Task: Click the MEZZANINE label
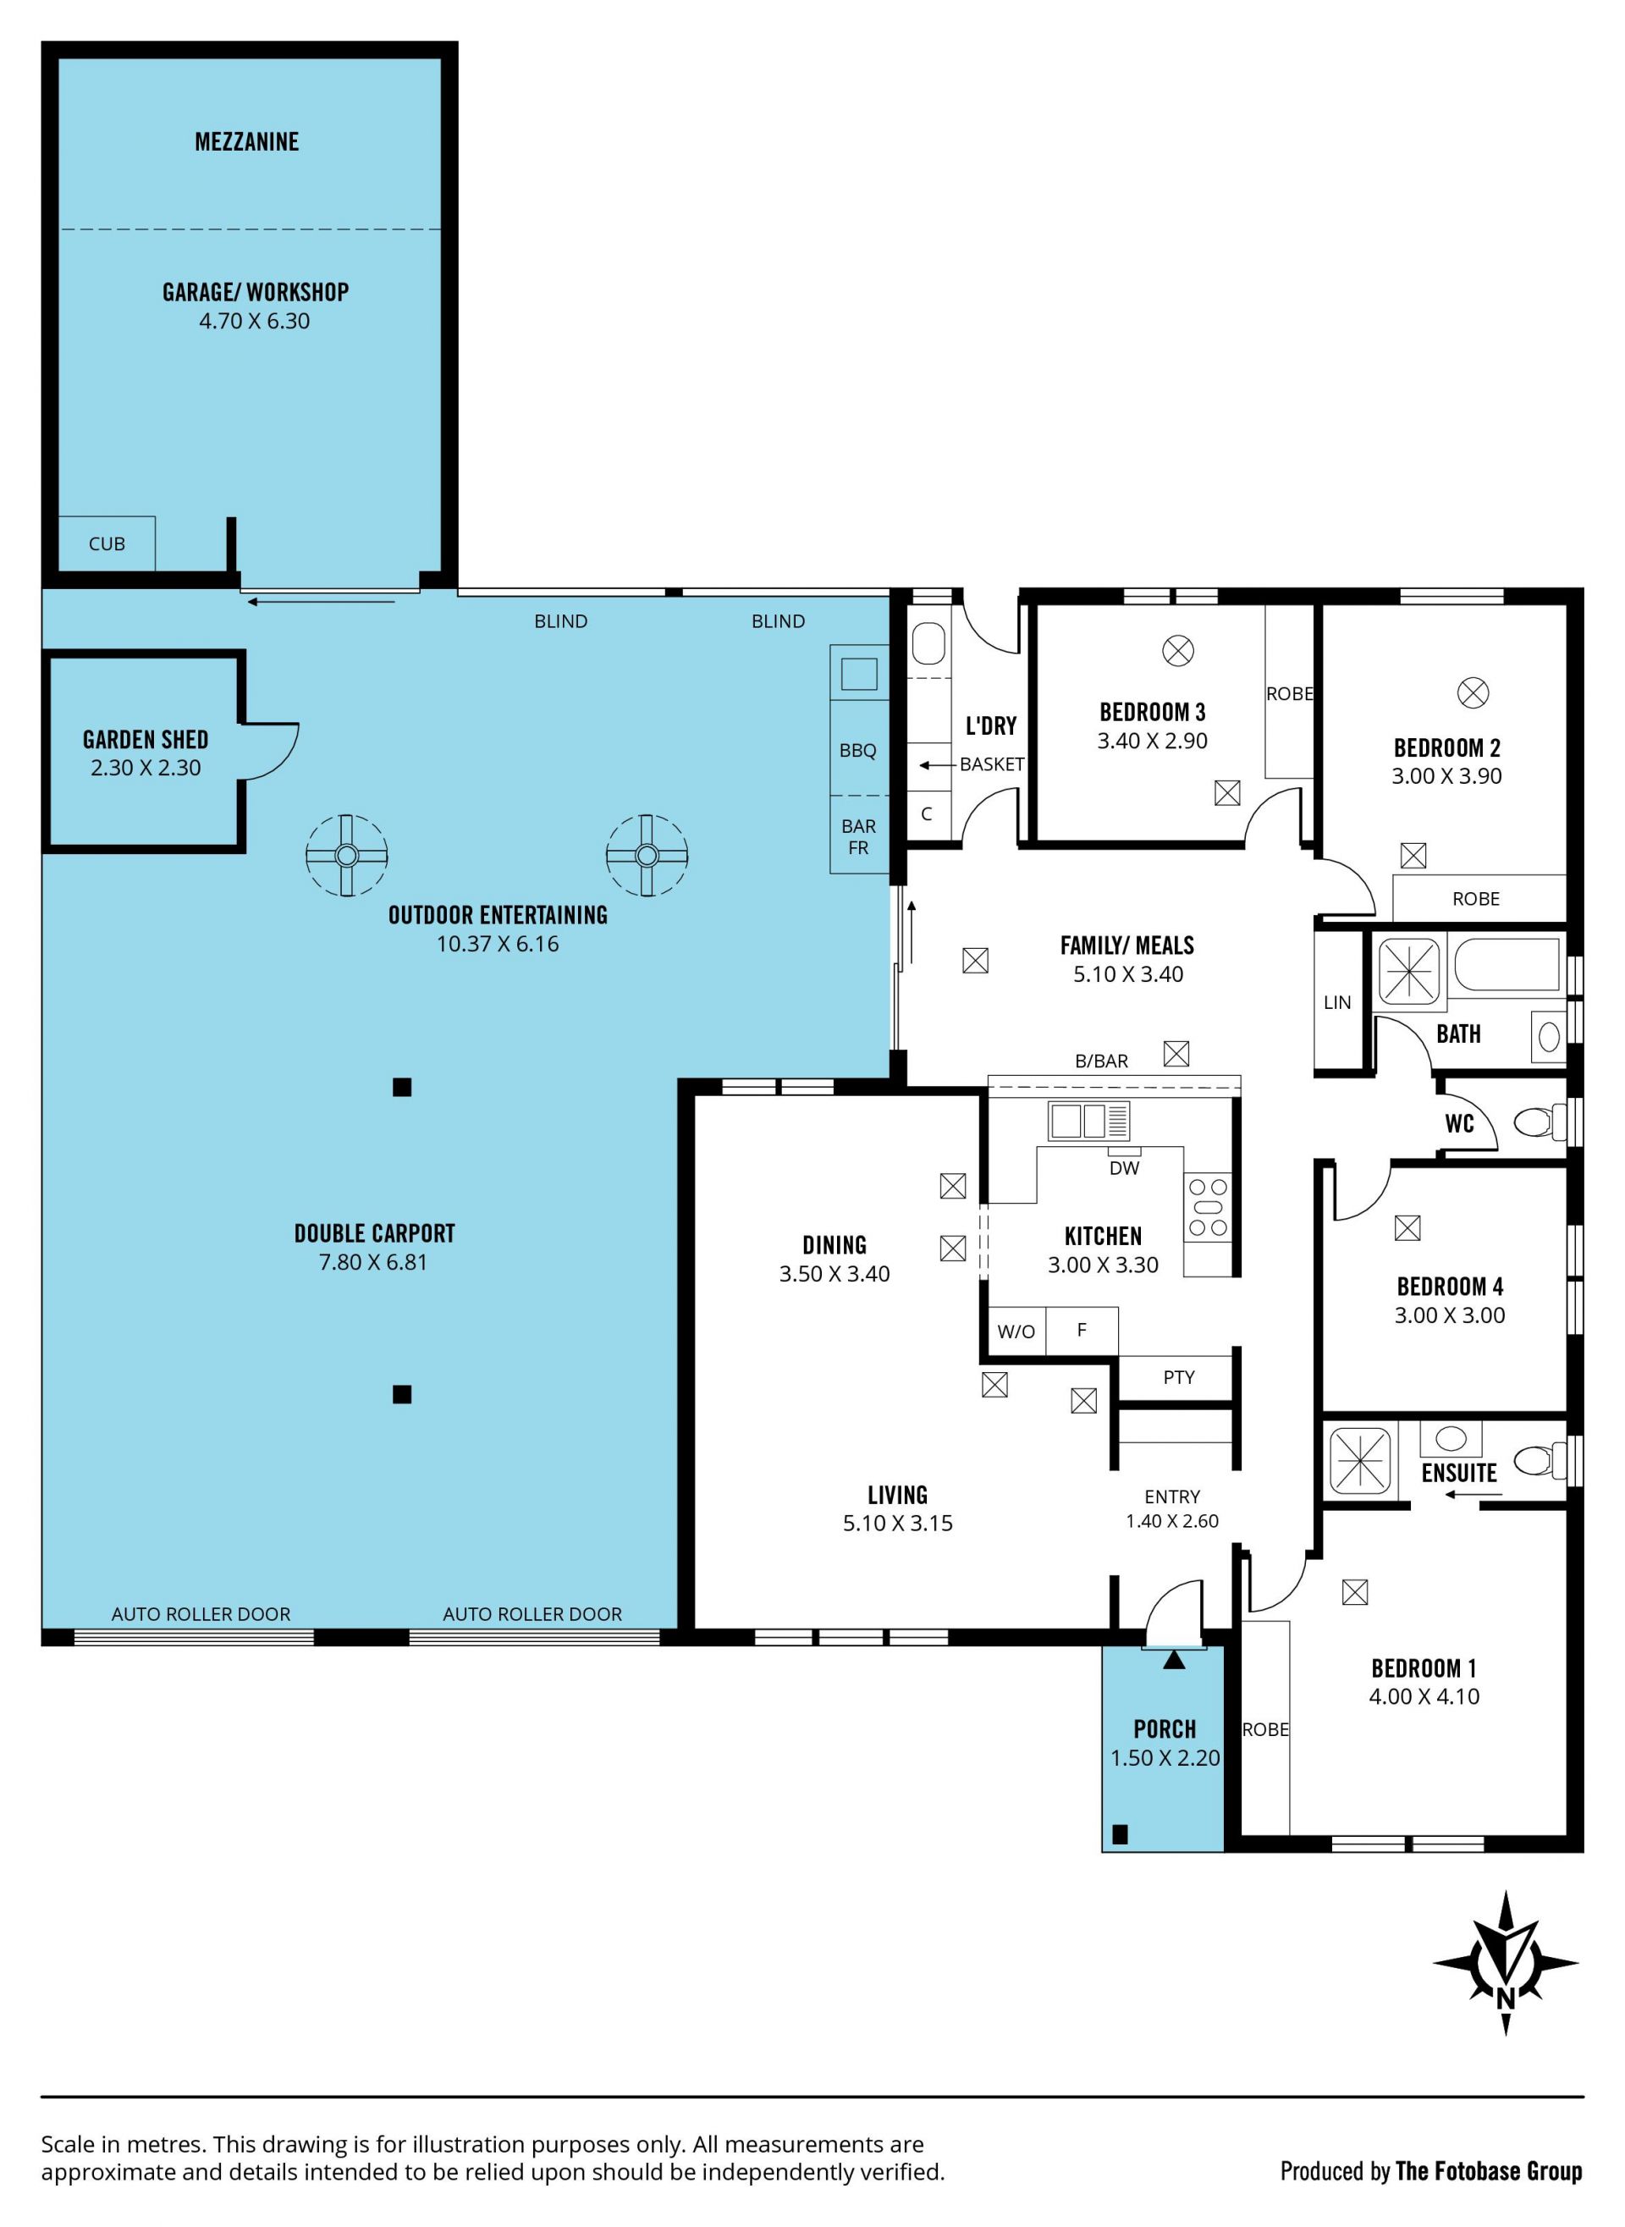click(247, 141)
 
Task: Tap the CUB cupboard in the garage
click(107, 543)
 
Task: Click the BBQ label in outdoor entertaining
click(857, 751)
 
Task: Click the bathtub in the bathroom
click(1506, 964)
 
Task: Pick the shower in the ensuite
click(1360, 1461)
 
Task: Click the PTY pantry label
click(1178, 1377)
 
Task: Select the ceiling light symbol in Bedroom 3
click(1178, 650)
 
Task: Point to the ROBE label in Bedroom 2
click(1475, 899)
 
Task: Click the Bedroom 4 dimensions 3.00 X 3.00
click(1449, 1315)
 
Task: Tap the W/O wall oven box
click(1016, 1331)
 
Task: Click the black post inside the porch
click(1120, 1833)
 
